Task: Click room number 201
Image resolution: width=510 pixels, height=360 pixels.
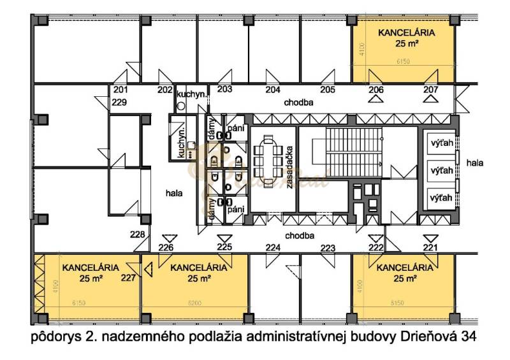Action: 121,90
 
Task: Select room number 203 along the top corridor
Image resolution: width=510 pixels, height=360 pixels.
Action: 224,90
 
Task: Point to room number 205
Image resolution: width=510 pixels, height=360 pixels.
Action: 328,90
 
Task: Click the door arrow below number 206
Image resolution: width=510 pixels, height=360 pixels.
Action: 376,100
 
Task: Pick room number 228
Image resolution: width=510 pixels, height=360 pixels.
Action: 138,234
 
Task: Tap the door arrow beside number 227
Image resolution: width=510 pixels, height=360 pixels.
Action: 147,270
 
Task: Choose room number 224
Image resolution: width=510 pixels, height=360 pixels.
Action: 273,247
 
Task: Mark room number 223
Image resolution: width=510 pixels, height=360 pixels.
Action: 328,247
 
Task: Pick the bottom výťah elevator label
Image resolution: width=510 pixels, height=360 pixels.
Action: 442,198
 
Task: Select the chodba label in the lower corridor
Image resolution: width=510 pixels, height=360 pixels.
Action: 300,235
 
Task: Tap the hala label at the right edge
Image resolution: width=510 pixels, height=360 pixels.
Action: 475,163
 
